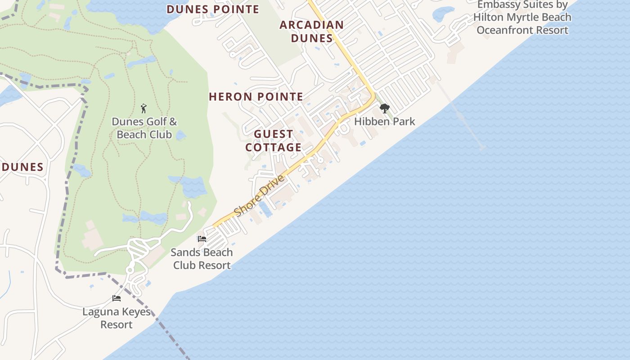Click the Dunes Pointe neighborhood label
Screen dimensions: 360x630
click(x=213, y=9)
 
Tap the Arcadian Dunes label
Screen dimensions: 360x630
click(x=311, y=31)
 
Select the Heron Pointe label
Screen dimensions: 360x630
click(x=256, y=96)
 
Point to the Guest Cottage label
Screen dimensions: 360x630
click(x=274, y=140)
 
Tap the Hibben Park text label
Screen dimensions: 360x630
click(x=384, y=121)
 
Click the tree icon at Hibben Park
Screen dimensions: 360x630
click(x=384, y=108)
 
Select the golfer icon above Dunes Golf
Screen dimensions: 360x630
click(x=144, y=108)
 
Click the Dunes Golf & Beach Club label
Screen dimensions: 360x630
click(x=144, y=128)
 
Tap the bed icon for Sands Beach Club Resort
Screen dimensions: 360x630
click(x=202, y=238)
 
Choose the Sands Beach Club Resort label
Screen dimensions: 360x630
click(x=202, y=259)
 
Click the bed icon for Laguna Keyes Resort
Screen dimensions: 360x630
click(x=117, y=298)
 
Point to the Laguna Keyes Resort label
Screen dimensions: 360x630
click(x=117, y=318)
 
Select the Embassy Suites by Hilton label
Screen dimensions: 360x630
click(x=522, y=18)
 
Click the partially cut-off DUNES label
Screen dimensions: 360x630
click(x=22, y=167)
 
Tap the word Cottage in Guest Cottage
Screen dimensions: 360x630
click(x=274, y=147)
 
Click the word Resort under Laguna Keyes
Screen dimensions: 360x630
click(x=117, y=324)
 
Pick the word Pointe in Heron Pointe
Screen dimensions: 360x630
click(x=280, y=96)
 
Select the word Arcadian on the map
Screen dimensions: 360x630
click(x=311, y=25)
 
